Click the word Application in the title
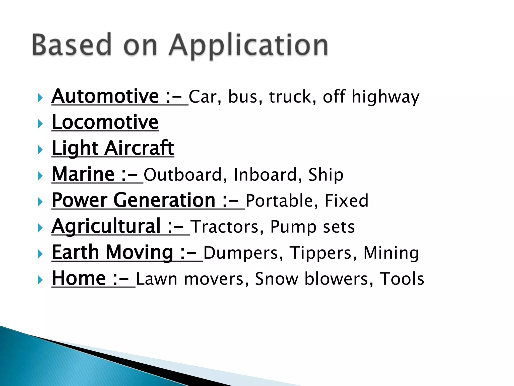248,45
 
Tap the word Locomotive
105,122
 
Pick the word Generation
165,200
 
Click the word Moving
140,253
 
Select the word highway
385,97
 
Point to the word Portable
279,201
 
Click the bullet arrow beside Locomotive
40,124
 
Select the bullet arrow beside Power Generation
40,202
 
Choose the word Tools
402,279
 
